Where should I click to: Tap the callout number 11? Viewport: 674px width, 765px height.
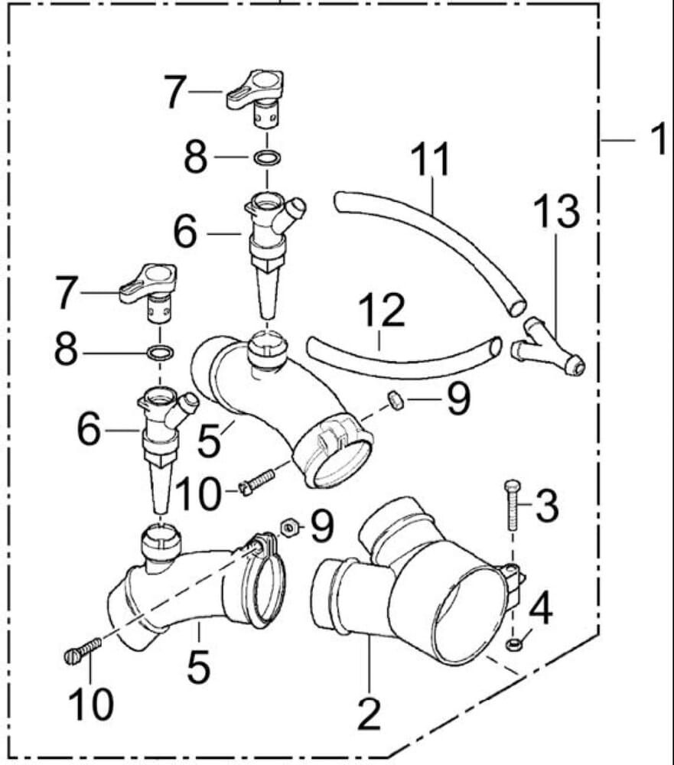[430, 161]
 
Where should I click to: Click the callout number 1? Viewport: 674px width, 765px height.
[657, 141]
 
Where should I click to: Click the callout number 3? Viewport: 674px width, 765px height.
[546, 506]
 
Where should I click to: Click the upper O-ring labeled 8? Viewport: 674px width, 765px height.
[266, 159]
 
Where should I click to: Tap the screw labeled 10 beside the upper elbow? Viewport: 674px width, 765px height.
[258, 483]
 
